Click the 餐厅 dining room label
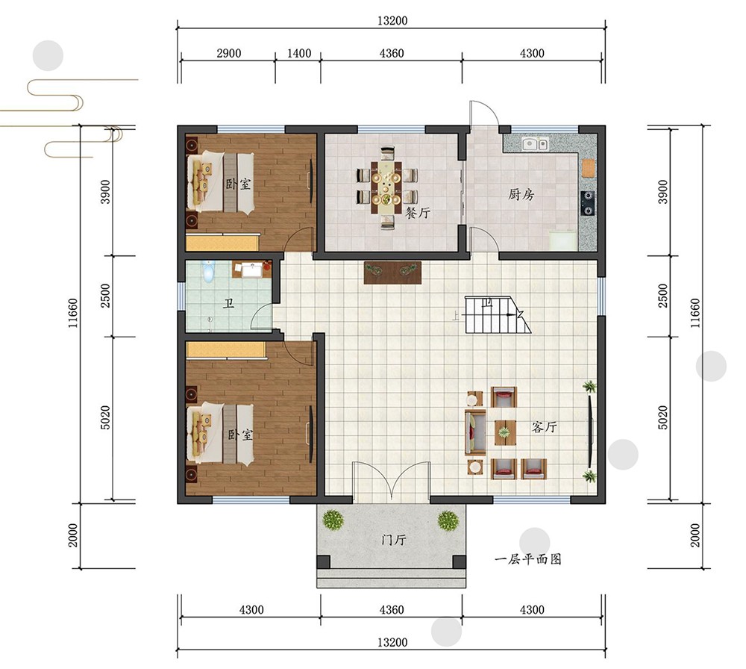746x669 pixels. pos(418,213)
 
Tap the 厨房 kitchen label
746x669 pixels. pos(521,194)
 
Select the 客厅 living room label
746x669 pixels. pos(545,426)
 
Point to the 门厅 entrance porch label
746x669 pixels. pos(394,540)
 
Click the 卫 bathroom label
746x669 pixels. pos(229,303)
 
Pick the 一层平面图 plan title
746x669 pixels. pos(528,558)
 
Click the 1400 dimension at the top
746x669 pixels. pos(299,53)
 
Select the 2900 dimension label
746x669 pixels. pos(229,53)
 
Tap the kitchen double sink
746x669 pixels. pos(535,143)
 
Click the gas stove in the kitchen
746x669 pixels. pos(589,202)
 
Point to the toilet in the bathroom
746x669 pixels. pos(207,270)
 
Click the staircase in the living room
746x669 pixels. pos(497,315)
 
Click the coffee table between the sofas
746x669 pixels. pos(505,432)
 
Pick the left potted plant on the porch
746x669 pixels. pos(333,520)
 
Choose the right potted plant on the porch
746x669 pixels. pos(448,520)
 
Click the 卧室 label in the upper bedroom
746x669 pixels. pos(239,184)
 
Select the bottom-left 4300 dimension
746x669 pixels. pos(251,609)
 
